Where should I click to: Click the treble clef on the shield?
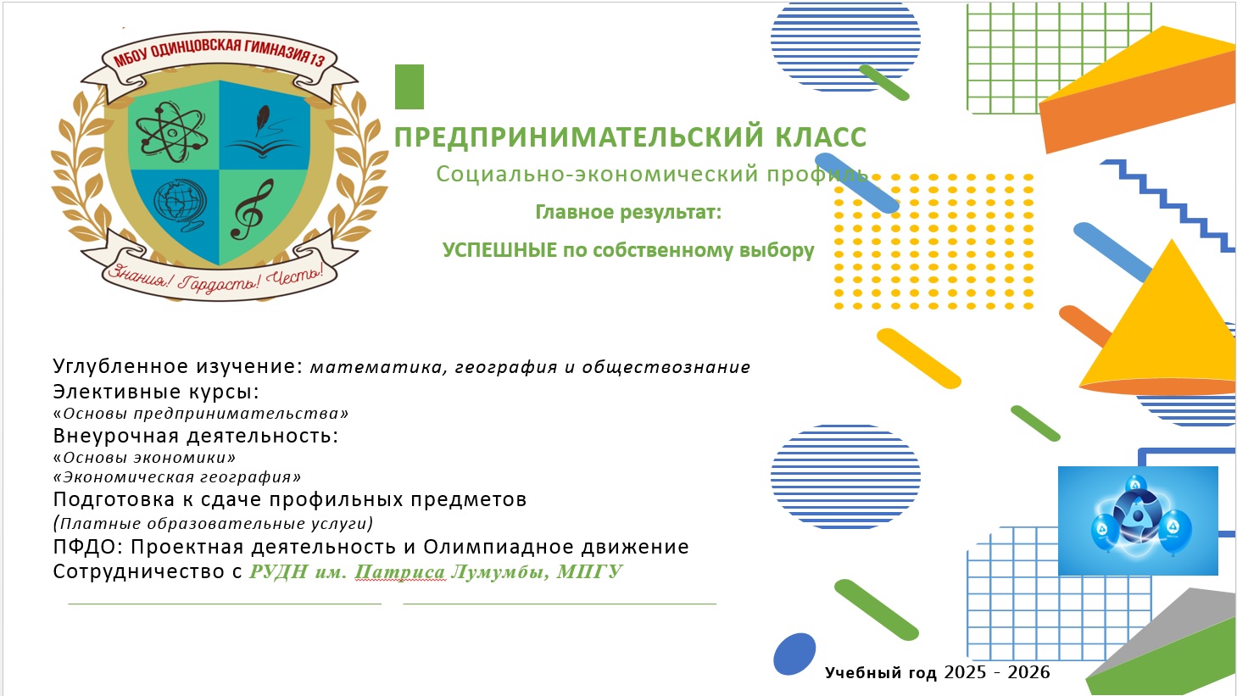point(252,209)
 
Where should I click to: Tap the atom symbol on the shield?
point(172,131)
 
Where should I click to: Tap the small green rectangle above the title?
point(410,86)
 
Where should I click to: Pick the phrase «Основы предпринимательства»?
point(201,414)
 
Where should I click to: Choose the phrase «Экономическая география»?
point(177,476)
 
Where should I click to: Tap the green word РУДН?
point(278,571)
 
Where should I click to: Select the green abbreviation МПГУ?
point(590,571)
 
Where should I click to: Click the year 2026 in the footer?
point(1028,672)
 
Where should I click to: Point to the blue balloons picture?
point(1138,521)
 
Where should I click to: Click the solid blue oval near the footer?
point(794,654)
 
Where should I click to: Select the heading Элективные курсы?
point(156,392)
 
